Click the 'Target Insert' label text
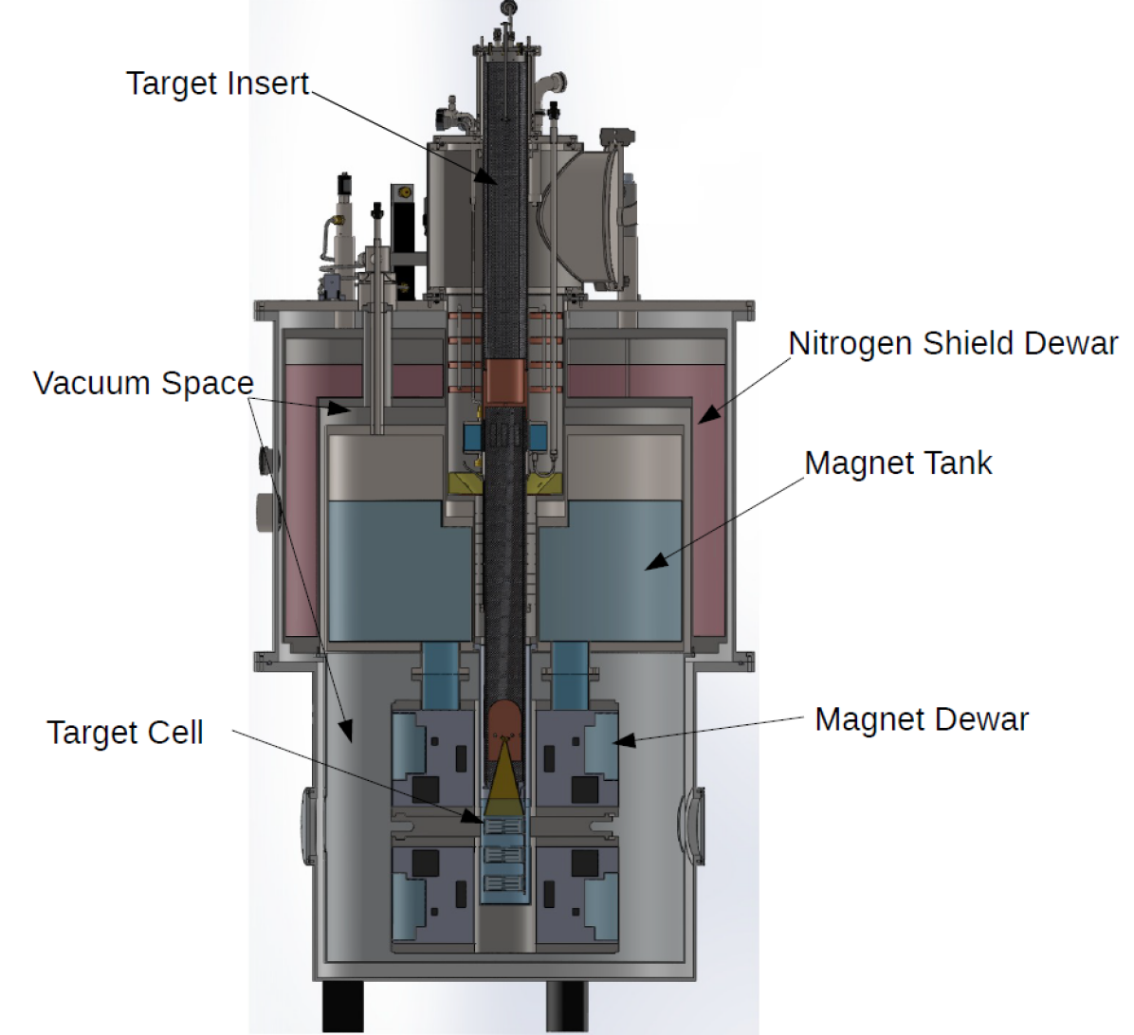[x=218, y=84]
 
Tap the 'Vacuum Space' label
[x=143, y=383]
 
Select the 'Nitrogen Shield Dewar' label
[x=953, y=344]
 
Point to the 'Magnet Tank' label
[x=898, y=463]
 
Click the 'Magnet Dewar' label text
[x=922, y=720]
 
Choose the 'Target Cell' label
[x=125, y=733]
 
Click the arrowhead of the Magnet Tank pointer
[x=655, y=562]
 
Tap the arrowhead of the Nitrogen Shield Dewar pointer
[x=709, y=413]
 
